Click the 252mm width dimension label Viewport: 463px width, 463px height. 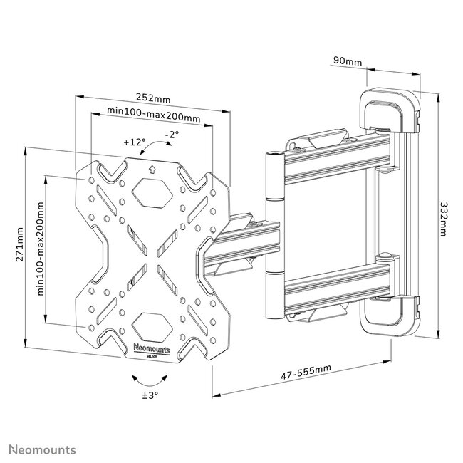pyautogui.click(x=154, y=98)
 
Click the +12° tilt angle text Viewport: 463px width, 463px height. pyautogui.click(x=133, y=141)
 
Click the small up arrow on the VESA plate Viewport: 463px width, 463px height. pyautogui.click(x=153, y=170)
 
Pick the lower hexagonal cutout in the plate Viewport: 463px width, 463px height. pyautogui.click(x=153, y=323)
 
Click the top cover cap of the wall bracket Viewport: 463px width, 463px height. pyautogui.click(x=388, y=108)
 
